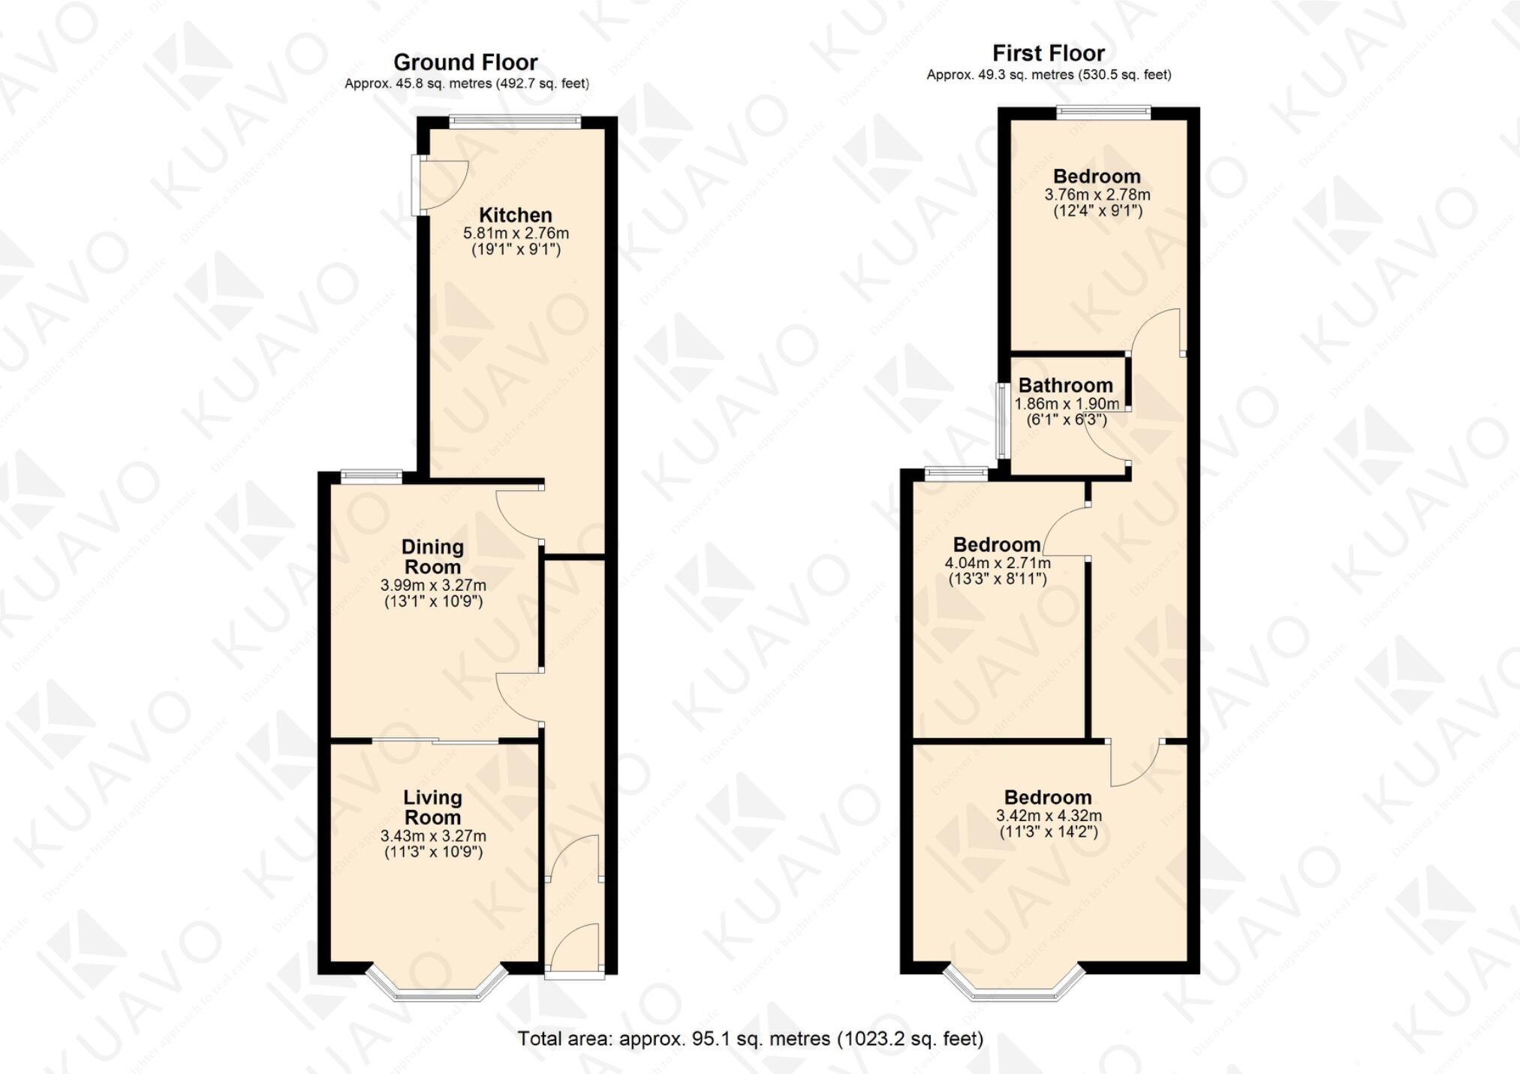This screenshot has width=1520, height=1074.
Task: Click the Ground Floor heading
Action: pos(465,62)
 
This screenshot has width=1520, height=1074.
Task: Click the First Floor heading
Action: pos(1048,53)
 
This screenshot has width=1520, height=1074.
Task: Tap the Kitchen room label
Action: pos(515,215)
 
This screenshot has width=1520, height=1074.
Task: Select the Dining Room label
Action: pos(432,557)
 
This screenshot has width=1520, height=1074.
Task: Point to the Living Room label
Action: pos(432,808)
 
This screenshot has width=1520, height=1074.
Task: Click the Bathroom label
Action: pos(1065,386)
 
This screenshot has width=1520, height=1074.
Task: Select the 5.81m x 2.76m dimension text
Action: pos(516,233)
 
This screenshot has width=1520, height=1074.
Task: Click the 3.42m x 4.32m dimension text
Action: pos(1049,816)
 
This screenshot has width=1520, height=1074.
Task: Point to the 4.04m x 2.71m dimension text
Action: pos(997,563)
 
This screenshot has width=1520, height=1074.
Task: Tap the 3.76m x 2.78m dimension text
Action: pos(1097,194)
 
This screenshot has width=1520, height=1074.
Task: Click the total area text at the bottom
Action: pos(750,1039)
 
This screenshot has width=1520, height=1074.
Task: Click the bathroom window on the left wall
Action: pos(1001,420)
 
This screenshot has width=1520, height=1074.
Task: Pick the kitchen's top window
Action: pos(515,120)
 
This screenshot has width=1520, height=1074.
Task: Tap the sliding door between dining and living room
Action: pos(435,742)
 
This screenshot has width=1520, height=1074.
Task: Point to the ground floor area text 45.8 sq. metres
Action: pos(466,84)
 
